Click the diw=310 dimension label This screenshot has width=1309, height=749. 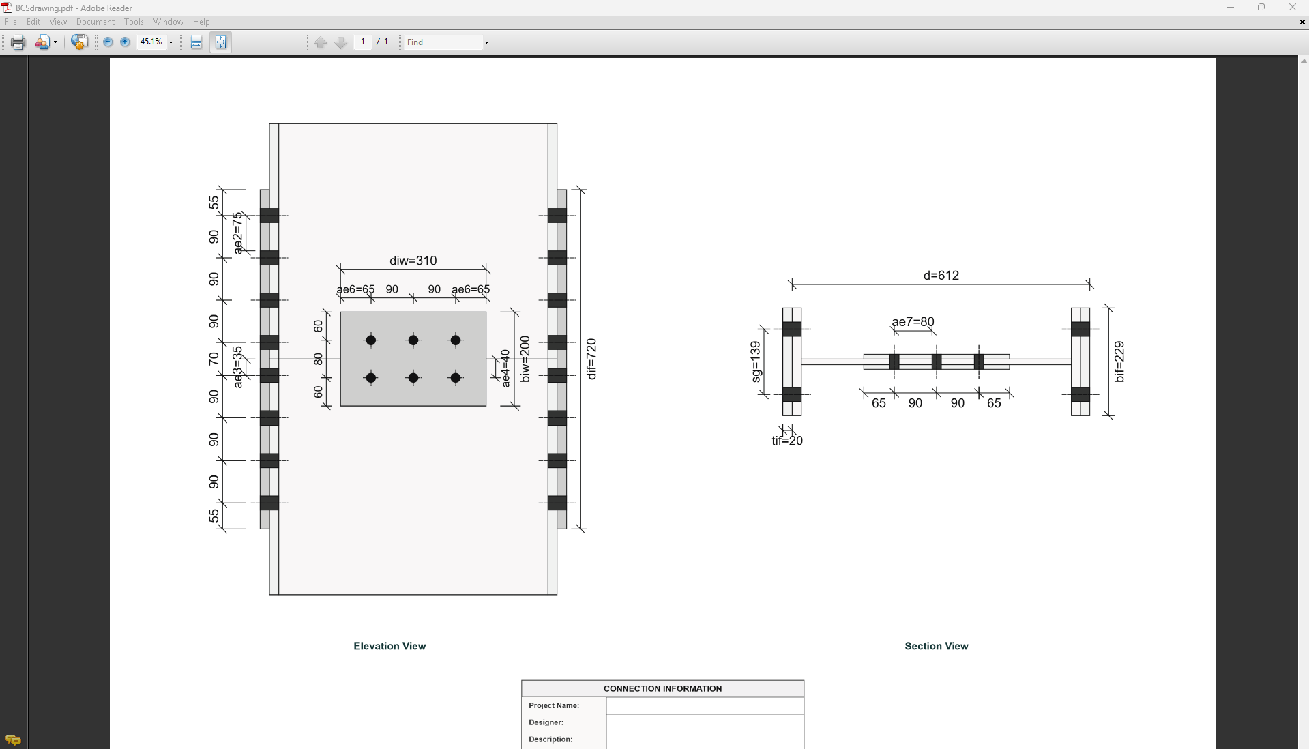[413, 261]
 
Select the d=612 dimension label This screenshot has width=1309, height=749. [941, 276]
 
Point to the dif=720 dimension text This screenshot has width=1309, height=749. [591, 359]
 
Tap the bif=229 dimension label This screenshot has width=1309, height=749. [1119, 362]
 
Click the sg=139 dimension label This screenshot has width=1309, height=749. [755, 362]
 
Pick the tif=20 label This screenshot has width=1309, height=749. [786, 441]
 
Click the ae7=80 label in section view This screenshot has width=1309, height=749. [913, 322]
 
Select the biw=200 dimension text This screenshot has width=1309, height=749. [525, 359]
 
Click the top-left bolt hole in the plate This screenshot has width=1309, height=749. [371, 340]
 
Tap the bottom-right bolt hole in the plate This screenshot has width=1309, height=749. [456, 378]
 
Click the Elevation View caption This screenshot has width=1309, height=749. [389, 646]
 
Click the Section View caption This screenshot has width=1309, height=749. [936, 646]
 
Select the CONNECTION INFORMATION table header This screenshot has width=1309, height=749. [662, 688]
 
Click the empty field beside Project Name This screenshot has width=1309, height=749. [704, 705]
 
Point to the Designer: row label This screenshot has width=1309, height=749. [546, 722]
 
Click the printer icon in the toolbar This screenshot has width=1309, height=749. [18, 42]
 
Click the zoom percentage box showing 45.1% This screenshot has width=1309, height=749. [151, 42]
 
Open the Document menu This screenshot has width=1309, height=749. [95, 22]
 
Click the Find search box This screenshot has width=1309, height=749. [443, 42]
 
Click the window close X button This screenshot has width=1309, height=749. [1292, 8]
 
